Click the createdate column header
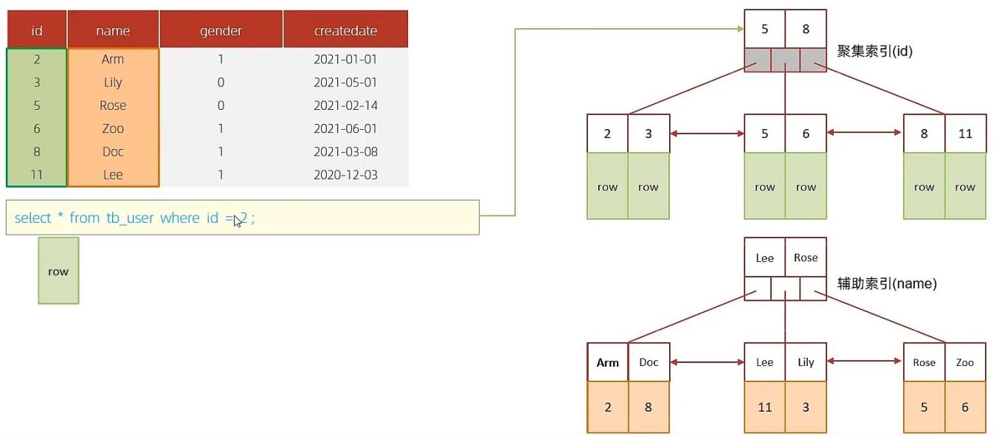pyautogui.click(x=345, y=30)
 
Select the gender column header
pyautogui.click(x=221, y=30)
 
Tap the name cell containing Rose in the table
pyautogui.click(x=113, y=105)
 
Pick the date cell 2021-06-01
pyautogui.click(x=345, y=128)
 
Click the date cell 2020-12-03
pyautogui.click(x=345, y=175)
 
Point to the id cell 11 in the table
pyautogui.click(x=36, y=175)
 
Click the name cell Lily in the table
pyautogui.click(x=113, y=83)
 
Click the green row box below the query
pyautogui.click(x=58, y=271)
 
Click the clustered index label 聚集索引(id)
pyautogui.click(x=875, y=51)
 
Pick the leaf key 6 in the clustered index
pyautogui.click(x=806, y=134)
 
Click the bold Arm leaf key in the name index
pyautogui.click(x=608, y=362)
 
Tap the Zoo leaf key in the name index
pyautogui.click(x=965, y=362)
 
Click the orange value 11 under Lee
pyautogui.click(x=765, y=406)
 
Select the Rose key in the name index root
pyautogui.click(x=806, y=257)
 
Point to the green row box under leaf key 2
pyautogui.click(x=608, y=187)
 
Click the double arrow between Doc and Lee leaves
pyautogui.click(x=707, y=362)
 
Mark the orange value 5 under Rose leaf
pyautogui.click(x=924, y=406)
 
